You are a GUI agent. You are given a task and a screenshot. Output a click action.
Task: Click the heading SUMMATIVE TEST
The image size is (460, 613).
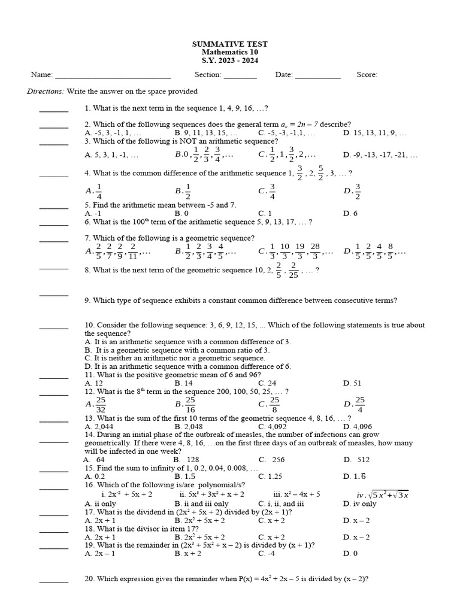click(x=229, y=44)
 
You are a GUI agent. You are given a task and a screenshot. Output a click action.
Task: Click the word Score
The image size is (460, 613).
click(x=367, y=75)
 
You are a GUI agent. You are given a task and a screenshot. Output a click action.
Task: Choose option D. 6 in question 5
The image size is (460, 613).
click(x=350, y=213)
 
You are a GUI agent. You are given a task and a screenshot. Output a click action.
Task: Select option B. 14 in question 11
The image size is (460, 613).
click(x=183, y=383)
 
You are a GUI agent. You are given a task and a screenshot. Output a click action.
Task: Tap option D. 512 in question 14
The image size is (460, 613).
click(x=356, y=460)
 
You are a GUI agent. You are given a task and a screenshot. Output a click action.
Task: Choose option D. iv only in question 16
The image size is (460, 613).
click(x=360, y=503)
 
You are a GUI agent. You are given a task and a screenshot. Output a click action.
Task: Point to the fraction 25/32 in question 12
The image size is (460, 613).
click(x=100, y=404)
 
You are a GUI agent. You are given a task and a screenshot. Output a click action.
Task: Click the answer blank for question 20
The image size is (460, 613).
click(x=54, y=581)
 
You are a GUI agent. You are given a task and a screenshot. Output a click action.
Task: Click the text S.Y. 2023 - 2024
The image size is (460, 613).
click(x=229, y=61)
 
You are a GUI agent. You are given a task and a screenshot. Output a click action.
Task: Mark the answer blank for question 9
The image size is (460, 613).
click(x=54, y=295)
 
